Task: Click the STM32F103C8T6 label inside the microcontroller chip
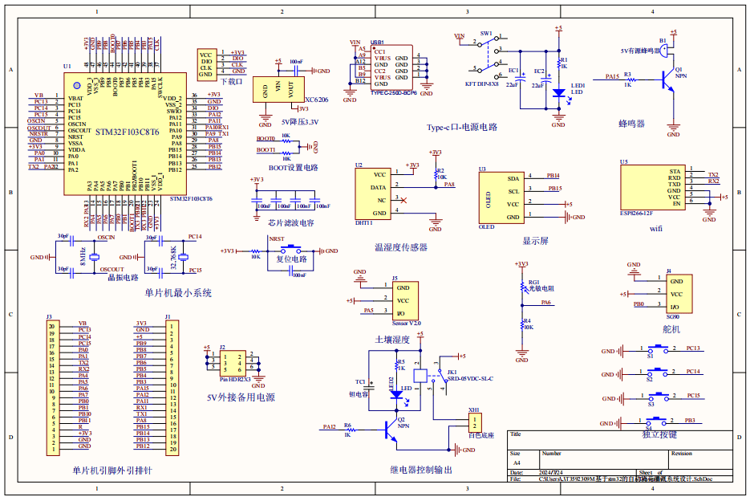[x=127, y=131]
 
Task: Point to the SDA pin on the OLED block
[x=513, y=178]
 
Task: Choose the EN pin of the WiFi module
[x=676, y=203]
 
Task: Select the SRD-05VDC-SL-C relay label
[x=469, y=378]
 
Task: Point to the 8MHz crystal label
[x=83, y=257]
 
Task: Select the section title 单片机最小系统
[x=178, y=294]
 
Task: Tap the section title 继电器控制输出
[x=421, y=470]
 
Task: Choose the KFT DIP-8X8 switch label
[x=481, y=83]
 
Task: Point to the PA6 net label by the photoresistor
[x=545, y=303]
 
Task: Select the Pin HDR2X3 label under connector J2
[x=235, y=378]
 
